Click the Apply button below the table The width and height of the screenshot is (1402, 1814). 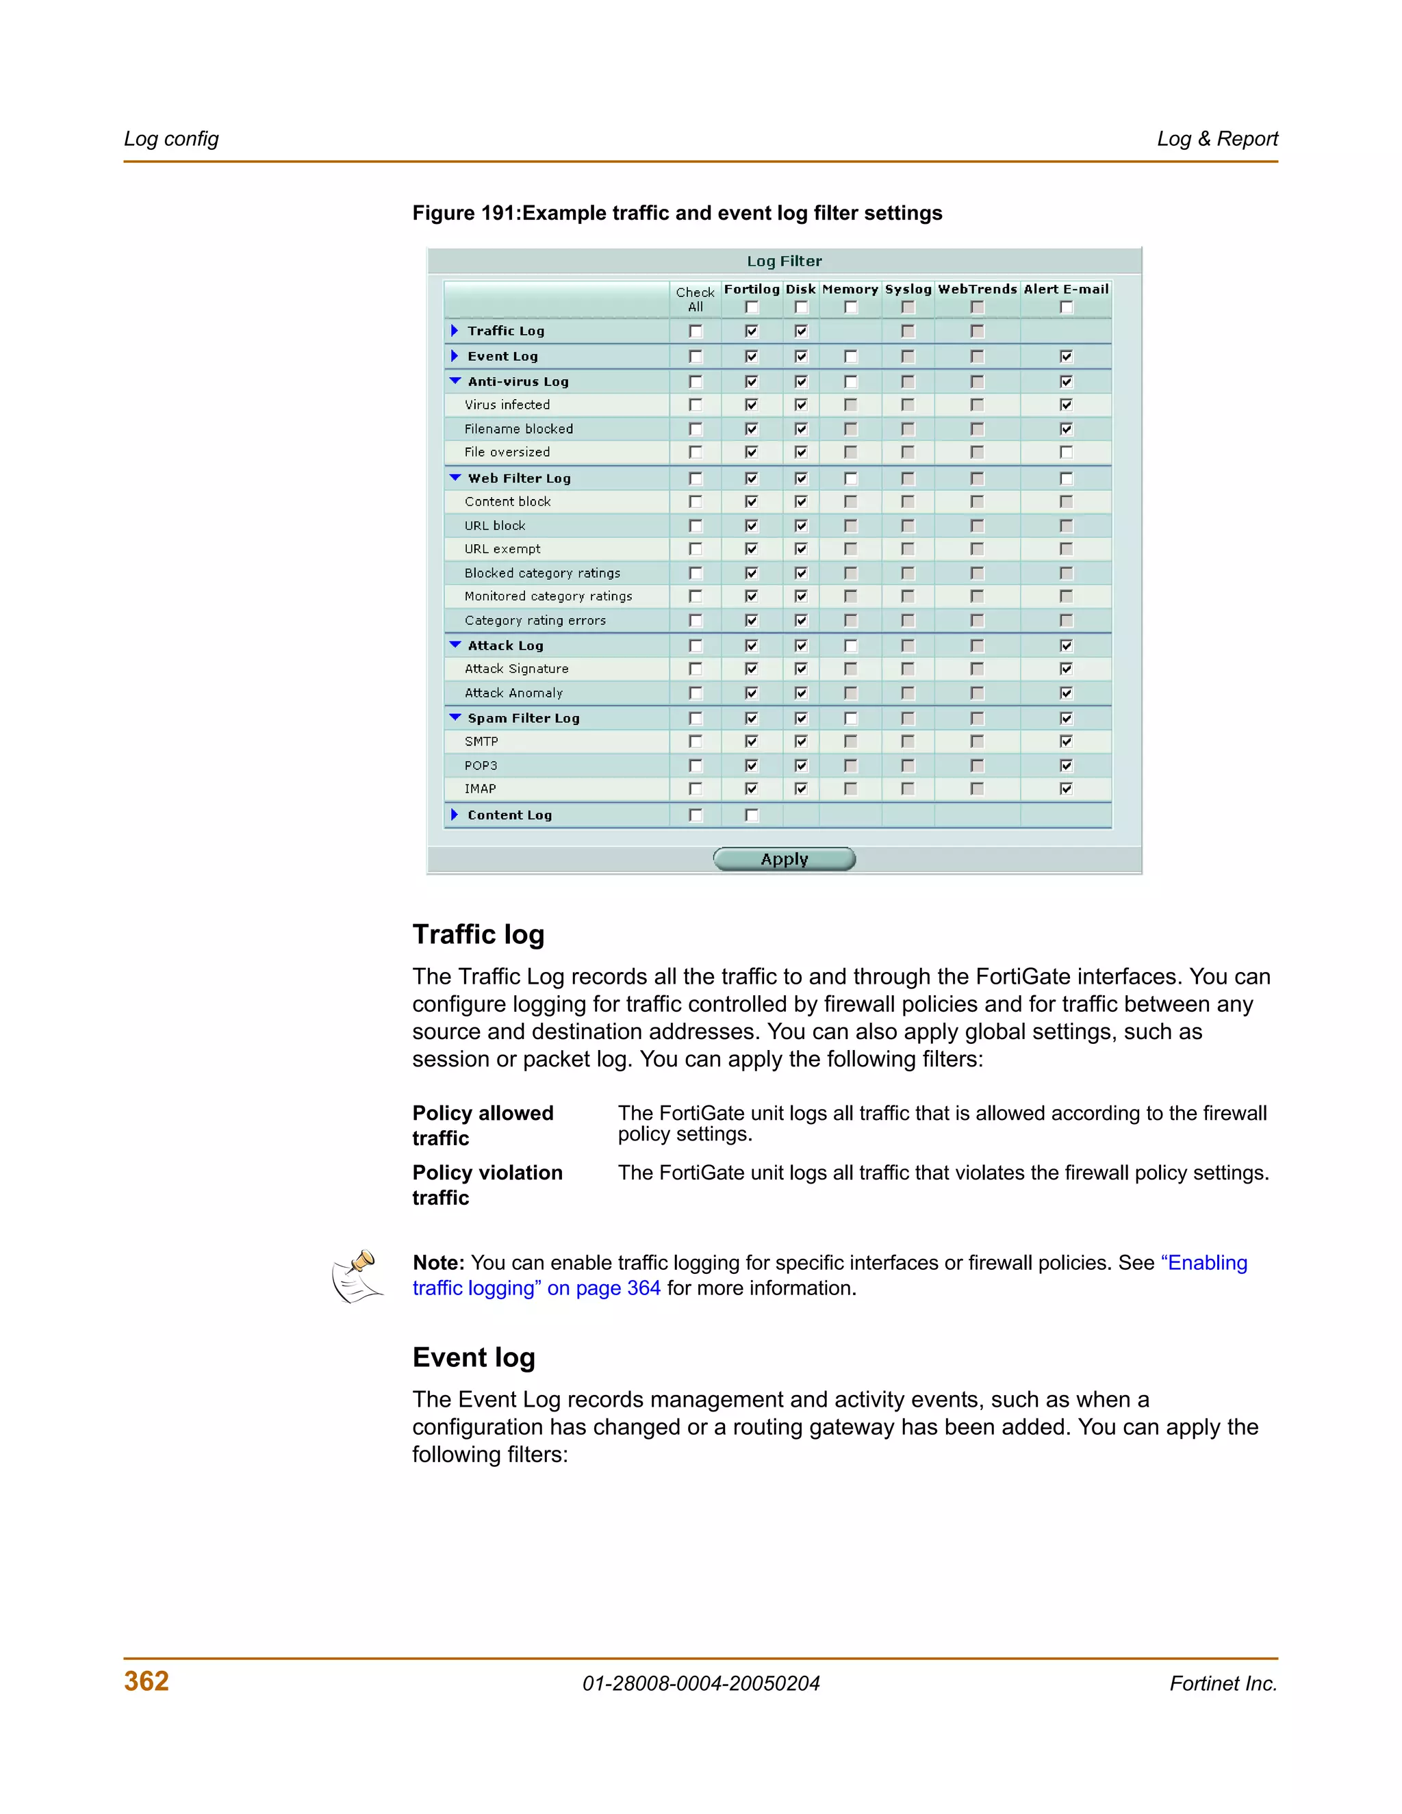(784, 859)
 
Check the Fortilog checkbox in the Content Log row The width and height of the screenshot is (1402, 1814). (752, 815)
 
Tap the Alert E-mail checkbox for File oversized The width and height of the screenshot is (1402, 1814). (1066, 452)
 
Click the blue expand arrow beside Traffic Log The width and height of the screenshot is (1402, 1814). (455, 331)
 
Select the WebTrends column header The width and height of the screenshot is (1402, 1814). (977, 289)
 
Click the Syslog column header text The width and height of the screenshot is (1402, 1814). (907, 289)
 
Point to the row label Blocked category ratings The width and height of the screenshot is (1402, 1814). (541, 573)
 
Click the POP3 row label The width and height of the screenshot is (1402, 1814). (481, 765)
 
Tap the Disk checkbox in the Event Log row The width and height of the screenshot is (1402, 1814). (801, 357)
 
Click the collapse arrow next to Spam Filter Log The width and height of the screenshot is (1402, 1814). (455, 717)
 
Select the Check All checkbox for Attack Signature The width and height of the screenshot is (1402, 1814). (696, 669)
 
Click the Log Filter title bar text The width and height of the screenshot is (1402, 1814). (784, 261)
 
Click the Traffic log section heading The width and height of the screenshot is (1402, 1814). (479, 934)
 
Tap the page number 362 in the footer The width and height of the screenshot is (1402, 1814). (146, 1681)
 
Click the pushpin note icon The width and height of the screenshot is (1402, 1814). (358, 1277)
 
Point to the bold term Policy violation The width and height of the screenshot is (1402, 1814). (487, 1173)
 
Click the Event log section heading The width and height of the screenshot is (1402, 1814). (474, 1357)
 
